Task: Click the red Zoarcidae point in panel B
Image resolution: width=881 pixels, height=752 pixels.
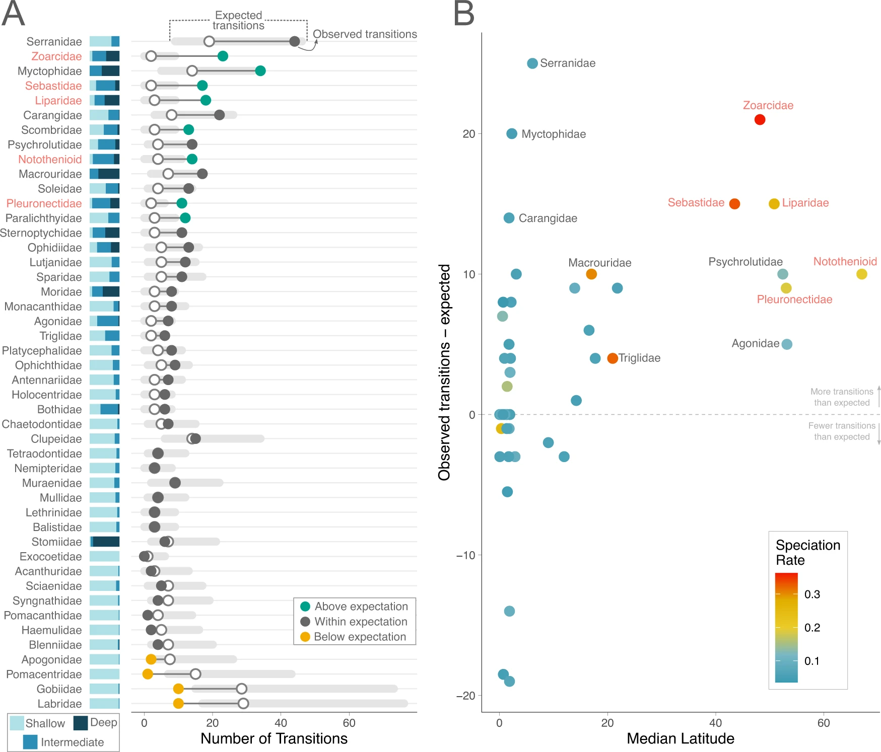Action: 760,119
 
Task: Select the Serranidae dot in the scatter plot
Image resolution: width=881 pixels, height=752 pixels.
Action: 532,63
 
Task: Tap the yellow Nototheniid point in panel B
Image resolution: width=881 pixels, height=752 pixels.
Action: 861,274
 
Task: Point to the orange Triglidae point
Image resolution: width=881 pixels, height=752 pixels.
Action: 613,358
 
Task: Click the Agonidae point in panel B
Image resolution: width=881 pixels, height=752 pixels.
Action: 787,344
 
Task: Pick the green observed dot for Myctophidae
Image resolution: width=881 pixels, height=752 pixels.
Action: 260,71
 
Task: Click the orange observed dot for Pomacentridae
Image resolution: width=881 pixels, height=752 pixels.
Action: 148,674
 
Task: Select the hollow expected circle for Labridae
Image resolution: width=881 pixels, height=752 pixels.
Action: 243,703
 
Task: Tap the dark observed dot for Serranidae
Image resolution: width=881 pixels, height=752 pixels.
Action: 295,41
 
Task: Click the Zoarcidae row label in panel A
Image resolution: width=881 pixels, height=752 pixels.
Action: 56,56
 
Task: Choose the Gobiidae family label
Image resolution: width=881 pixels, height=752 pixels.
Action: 59,689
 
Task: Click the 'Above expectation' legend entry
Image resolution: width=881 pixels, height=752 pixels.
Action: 361,607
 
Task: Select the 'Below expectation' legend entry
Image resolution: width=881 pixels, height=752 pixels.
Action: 360,637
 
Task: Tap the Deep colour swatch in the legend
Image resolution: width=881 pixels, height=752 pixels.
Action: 81,723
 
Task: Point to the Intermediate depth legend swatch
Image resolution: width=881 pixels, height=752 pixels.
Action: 30,742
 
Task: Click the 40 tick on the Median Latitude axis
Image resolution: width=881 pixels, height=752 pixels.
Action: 715,723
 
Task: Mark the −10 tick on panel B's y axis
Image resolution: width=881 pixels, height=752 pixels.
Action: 465,555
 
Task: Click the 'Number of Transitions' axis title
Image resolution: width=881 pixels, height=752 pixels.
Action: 274,738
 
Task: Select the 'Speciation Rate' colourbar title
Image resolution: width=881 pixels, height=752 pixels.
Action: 807,552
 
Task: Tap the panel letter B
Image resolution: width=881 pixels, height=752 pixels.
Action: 463,14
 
